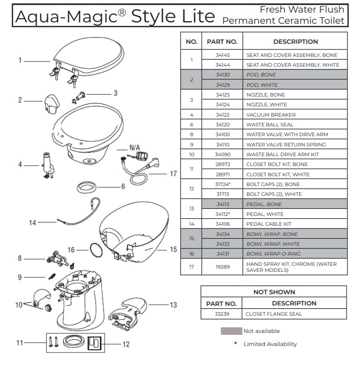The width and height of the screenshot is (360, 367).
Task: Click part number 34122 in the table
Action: [222, 115]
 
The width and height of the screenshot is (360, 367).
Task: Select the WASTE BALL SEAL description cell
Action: [295, 125]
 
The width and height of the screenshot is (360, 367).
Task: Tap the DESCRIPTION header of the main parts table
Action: [295, 42]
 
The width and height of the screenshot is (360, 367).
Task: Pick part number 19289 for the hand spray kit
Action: [222, 267]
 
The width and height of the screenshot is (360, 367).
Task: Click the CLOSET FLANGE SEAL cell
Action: [294, 314]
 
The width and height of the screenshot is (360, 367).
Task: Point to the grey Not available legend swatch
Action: [231, 331]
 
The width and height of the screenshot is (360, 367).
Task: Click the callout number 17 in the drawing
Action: [173, 173]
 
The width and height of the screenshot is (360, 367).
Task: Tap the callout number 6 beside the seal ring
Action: [123, 187]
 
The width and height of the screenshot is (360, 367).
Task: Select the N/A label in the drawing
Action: [134, 147]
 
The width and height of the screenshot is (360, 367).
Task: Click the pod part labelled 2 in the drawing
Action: [52, 104]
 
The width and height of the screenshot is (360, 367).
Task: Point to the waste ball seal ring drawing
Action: [86, 187]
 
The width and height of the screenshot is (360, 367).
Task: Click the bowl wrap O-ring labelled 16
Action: [96, 250]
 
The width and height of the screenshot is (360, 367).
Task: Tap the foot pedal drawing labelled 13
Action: [128, 314]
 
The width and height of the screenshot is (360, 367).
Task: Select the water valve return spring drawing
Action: [52, 276]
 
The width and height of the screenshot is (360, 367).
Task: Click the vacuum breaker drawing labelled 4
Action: [48, 165]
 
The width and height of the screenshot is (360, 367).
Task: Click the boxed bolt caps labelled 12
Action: [94, 343]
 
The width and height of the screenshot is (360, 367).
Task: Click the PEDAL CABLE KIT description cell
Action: [295, 224]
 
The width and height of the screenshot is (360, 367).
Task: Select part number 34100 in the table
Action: [222, 134]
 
